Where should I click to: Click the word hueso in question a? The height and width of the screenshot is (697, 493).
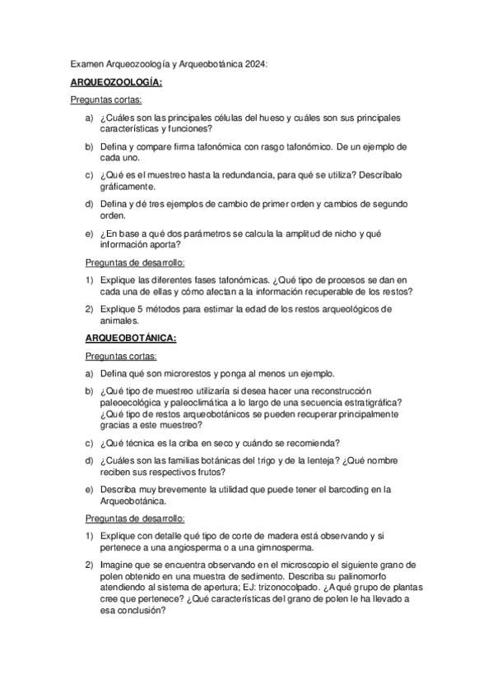(273, 118)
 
